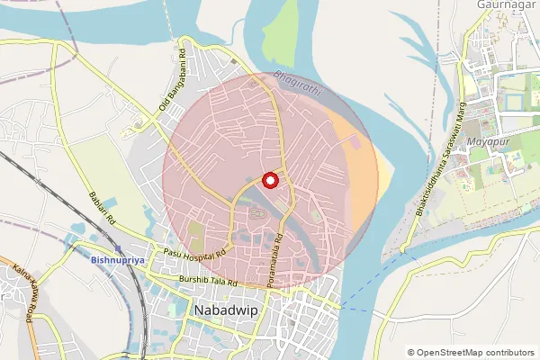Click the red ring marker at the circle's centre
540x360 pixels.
click(269, 179)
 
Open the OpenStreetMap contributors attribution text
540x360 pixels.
click(474, 352)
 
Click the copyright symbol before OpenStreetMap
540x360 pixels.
click(411, 352)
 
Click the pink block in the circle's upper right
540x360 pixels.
click(354, 141)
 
